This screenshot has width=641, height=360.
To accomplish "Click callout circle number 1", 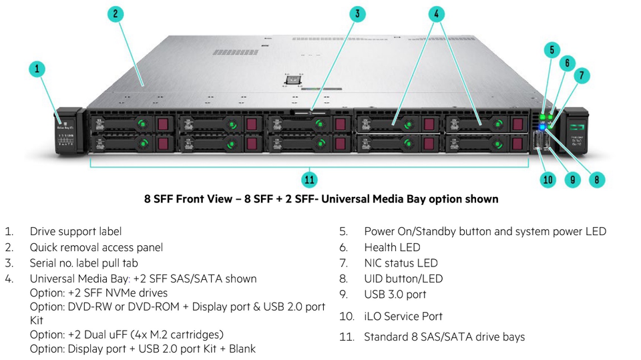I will [37, 69].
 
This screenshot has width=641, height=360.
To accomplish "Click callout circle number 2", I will [116, 14].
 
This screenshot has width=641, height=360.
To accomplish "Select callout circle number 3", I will [358, 14].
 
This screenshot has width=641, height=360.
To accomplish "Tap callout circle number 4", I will [437, 14].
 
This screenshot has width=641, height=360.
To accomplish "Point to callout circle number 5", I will [552, 50].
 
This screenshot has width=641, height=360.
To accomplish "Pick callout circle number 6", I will [567, 63].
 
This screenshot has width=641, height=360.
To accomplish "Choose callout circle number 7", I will [582, 75].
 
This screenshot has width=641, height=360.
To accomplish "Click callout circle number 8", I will [596, 179].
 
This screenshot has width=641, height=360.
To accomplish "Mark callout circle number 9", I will [572, 179].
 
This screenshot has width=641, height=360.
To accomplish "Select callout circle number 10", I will [548, 179].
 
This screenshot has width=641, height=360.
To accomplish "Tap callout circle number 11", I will [309, 179].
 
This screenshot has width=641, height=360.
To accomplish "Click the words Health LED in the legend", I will [392, 247].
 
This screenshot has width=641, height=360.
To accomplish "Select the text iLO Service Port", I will [403, 317].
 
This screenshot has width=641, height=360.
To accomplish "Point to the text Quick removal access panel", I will [96, 247].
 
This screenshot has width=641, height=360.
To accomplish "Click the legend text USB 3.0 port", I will [395, 295].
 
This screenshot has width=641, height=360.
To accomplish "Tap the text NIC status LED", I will [401, 263].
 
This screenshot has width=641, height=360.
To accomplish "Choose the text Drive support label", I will [75, 232].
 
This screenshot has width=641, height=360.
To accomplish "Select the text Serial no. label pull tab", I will [91, 263].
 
